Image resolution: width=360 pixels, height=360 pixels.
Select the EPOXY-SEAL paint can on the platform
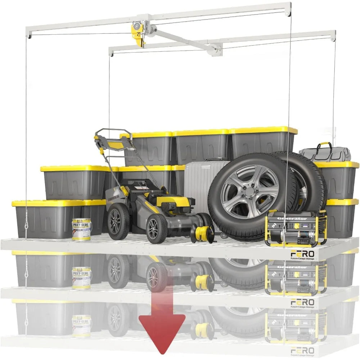[x=81, y=229]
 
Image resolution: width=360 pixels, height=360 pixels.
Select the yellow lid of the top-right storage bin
[x=263, y=130]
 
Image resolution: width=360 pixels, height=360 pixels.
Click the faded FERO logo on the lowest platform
[x=302, y=350]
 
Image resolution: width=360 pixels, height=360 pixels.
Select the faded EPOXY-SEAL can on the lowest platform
[x=81, y=326]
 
